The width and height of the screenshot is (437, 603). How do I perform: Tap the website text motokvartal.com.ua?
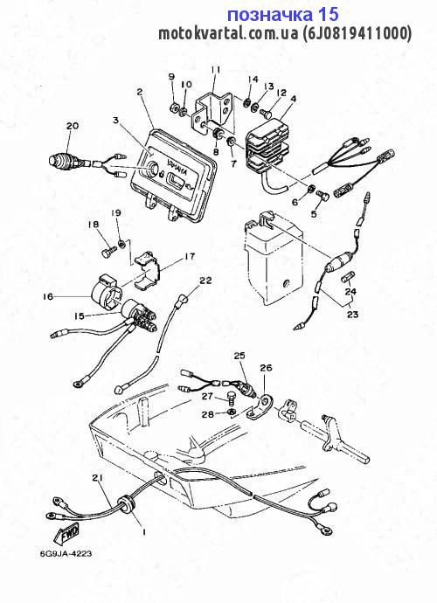pos(228,34)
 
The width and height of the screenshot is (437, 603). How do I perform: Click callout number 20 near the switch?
pos(72,126)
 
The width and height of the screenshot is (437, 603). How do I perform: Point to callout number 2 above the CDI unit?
pos(139,92)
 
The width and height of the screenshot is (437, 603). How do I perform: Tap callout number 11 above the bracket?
pos(215,69)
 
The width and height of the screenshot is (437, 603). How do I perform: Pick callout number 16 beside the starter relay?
pos(47,296)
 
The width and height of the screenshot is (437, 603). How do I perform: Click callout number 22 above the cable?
pos(205,281)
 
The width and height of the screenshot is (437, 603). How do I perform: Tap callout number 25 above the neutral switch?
pos(239,356)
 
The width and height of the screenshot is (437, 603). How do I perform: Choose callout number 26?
pos(267,368)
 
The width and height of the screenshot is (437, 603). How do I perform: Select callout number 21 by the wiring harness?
pos(96,477)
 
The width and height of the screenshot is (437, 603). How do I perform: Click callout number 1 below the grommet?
pos(143,530)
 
